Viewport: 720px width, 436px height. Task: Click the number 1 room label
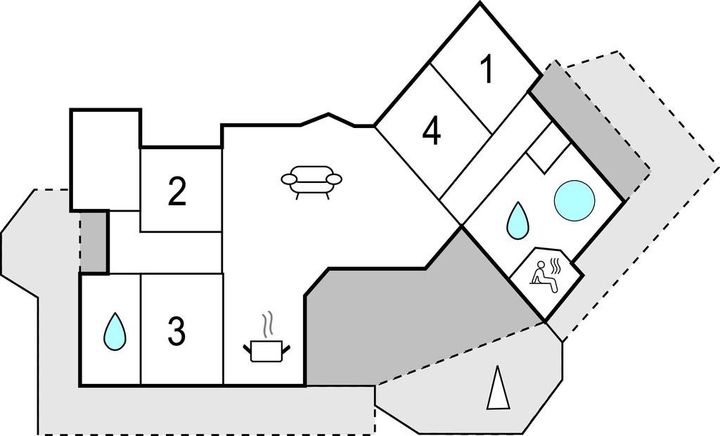click(487, 70)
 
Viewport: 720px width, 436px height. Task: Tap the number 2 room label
click(177, 192)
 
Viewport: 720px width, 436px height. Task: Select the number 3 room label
click(176, 331)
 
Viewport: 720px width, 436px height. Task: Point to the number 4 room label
click(432, 131)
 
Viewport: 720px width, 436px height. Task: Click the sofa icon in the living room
click(311, 180)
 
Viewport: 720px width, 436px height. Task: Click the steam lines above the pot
click(268, 326)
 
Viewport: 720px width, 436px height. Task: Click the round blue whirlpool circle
click(574, 200)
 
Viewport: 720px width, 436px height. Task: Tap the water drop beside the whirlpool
click(518, 219)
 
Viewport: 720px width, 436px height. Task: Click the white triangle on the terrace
click(499, 387)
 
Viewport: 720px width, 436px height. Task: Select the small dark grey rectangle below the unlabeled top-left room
click(94, 242)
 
